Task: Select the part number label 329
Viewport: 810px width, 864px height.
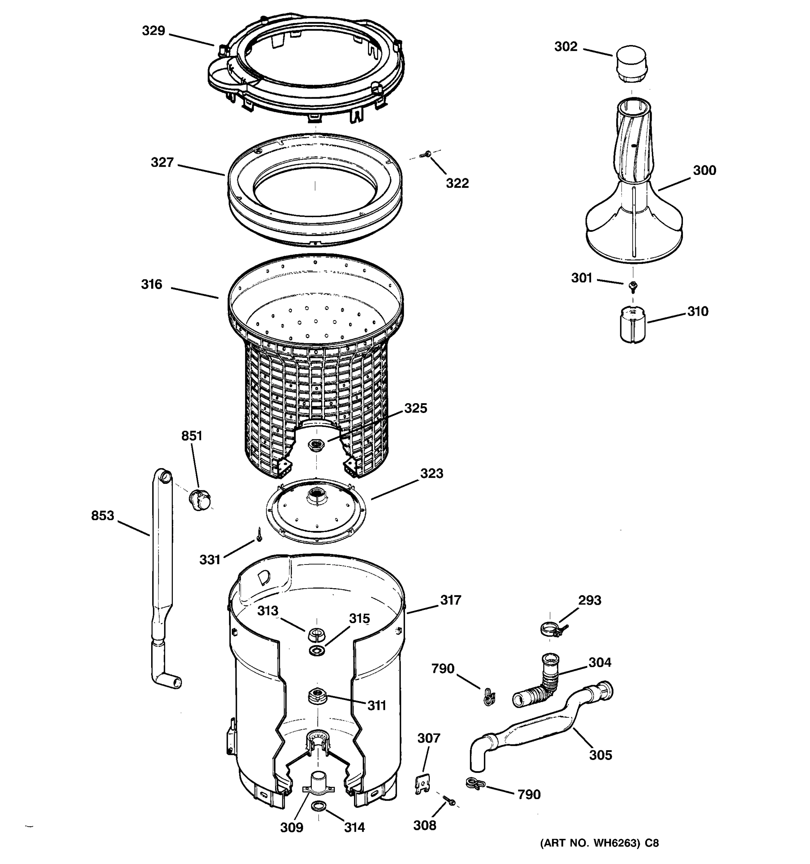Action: tap(153, 31)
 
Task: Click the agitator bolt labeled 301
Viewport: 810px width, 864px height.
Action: tap(633, 286)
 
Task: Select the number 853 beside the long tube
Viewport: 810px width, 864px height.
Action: tap(103, 516)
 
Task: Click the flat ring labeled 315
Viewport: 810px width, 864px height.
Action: tap(317, 651)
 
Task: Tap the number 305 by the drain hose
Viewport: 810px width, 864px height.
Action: tap(600, 755)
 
